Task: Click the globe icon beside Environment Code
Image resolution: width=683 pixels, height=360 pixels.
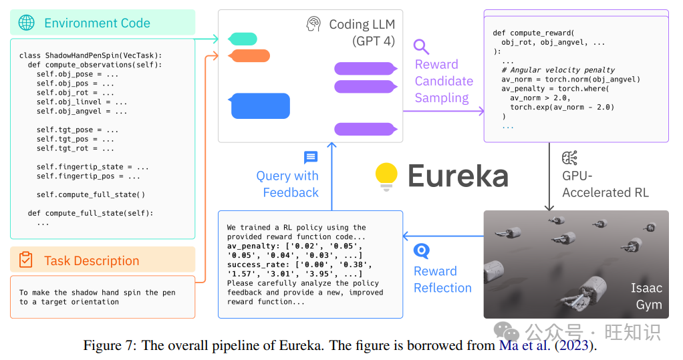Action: (27, 23)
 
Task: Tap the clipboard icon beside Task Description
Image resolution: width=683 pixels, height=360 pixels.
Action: (26, 260)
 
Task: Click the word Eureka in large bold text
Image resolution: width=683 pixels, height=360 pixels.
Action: (458, 176)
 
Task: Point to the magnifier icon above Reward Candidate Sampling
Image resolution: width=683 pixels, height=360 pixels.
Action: (421, 47)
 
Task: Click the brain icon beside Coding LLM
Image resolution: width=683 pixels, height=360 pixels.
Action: (313, 24)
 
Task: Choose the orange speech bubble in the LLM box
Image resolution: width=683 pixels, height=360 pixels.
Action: (249, 55)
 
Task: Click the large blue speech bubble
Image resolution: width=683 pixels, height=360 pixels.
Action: (260, 106)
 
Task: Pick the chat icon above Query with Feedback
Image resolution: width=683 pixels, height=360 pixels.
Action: (311, 158)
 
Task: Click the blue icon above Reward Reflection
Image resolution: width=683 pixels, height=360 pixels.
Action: (421, 251)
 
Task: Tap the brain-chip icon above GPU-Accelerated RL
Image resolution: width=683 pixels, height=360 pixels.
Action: (570, 158)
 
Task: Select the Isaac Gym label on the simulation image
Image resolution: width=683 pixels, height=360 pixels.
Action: (646, 297)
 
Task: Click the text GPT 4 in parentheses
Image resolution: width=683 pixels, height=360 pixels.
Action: (374, 41)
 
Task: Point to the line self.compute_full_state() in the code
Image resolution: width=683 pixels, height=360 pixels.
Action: (90, 195)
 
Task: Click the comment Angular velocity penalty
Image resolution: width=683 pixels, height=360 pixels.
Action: (558, 70)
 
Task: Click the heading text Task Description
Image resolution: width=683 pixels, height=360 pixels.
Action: (92, 260)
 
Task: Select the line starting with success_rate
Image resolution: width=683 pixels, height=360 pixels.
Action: (294, 264)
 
